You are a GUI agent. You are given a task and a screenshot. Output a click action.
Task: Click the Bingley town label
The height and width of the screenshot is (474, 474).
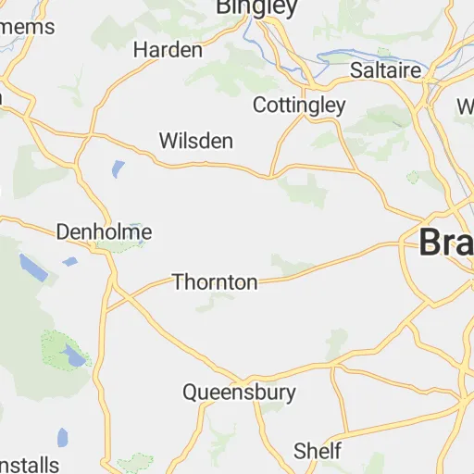[256, 8]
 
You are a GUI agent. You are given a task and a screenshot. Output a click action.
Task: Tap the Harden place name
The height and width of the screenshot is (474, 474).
[168, 49]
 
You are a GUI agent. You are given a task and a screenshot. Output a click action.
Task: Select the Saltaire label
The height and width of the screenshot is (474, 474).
[386, 70]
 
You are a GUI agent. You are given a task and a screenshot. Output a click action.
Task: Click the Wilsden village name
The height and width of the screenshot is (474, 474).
[196, 141]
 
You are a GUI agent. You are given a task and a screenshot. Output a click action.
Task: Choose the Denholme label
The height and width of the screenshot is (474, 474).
[104, 231]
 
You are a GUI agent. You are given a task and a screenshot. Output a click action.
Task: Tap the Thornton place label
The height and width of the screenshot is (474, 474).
[215, 282]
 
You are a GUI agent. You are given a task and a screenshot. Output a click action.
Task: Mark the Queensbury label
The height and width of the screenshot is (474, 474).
[239, 392]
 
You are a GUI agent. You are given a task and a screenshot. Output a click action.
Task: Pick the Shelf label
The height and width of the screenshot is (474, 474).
[318, 451]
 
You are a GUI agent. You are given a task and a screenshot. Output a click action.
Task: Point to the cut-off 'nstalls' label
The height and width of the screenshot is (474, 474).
[30, 464]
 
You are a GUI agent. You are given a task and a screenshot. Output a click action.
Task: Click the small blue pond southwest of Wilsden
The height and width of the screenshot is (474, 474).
[118, 169]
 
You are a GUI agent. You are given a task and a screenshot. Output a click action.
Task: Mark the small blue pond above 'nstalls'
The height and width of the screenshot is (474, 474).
[62, 437]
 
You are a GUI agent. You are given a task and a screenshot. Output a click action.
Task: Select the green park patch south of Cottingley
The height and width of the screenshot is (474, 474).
[304, 190]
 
